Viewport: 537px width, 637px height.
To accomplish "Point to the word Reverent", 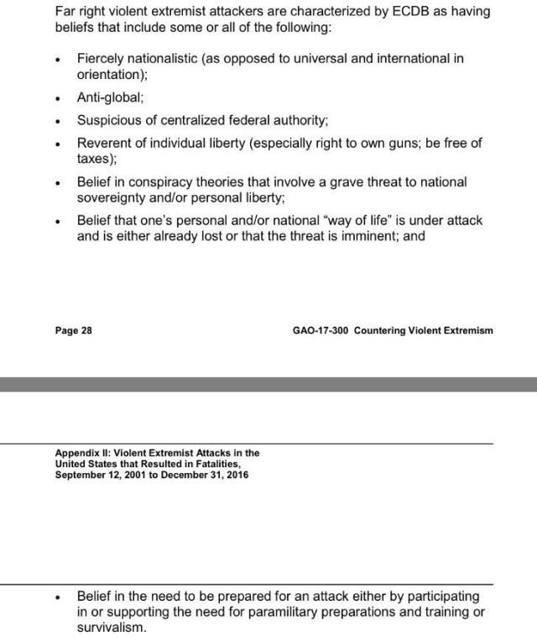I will (x=105, y=143).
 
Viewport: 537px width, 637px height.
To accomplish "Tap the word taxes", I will (x=95, y=157).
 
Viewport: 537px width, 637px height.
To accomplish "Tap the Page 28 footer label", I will (x=73, y=330).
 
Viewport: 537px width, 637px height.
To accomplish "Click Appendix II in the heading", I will (x=81, y=452).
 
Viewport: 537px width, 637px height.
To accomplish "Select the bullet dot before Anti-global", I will (x=56, y=98).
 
